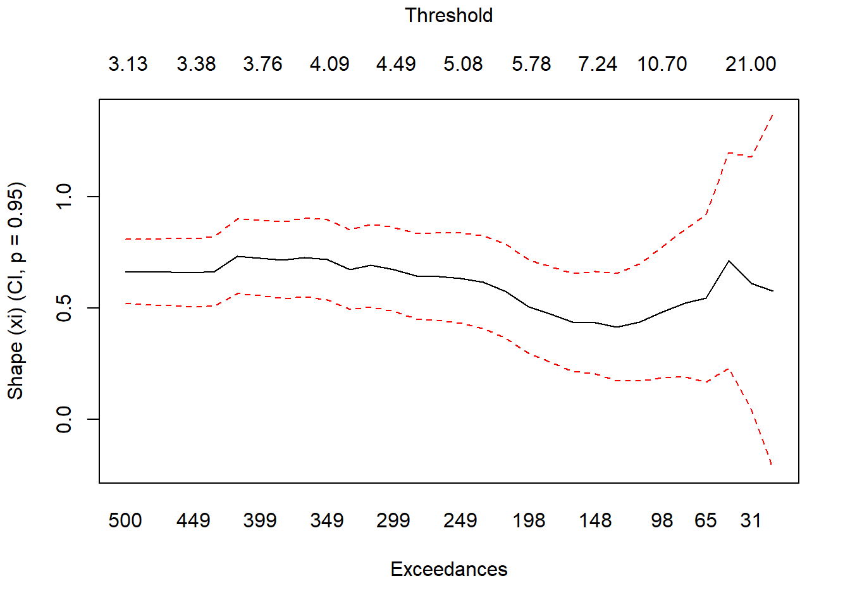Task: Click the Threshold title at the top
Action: click(448, 15)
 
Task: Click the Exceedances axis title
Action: click(448, 569)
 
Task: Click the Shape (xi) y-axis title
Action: click(15, 291)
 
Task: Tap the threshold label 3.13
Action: click(128, 64)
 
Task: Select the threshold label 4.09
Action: click(330, 64)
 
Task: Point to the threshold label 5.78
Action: click(531, 64)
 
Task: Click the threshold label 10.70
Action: click(662, 64)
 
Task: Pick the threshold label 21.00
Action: click(751, 64)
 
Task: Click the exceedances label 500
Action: click(125, 520)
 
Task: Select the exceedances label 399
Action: click(260, 520)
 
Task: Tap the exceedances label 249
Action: click(460, 520)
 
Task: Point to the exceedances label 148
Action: click(595, 520)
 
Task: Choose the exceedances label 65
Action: click(705, 520)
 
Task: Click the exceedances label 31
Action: click(751, 520)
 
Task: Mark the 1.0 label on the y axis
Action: click(65, 197)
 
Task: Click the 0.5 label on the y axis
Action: click(65, 308)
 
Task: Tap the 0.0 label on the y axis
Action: click(65, 419)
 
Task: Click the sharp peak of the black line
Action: click(729, 261)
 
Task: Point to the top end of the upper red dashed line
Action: click(773, 115)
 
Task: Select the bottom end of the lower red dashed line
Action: click(772, 465)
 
